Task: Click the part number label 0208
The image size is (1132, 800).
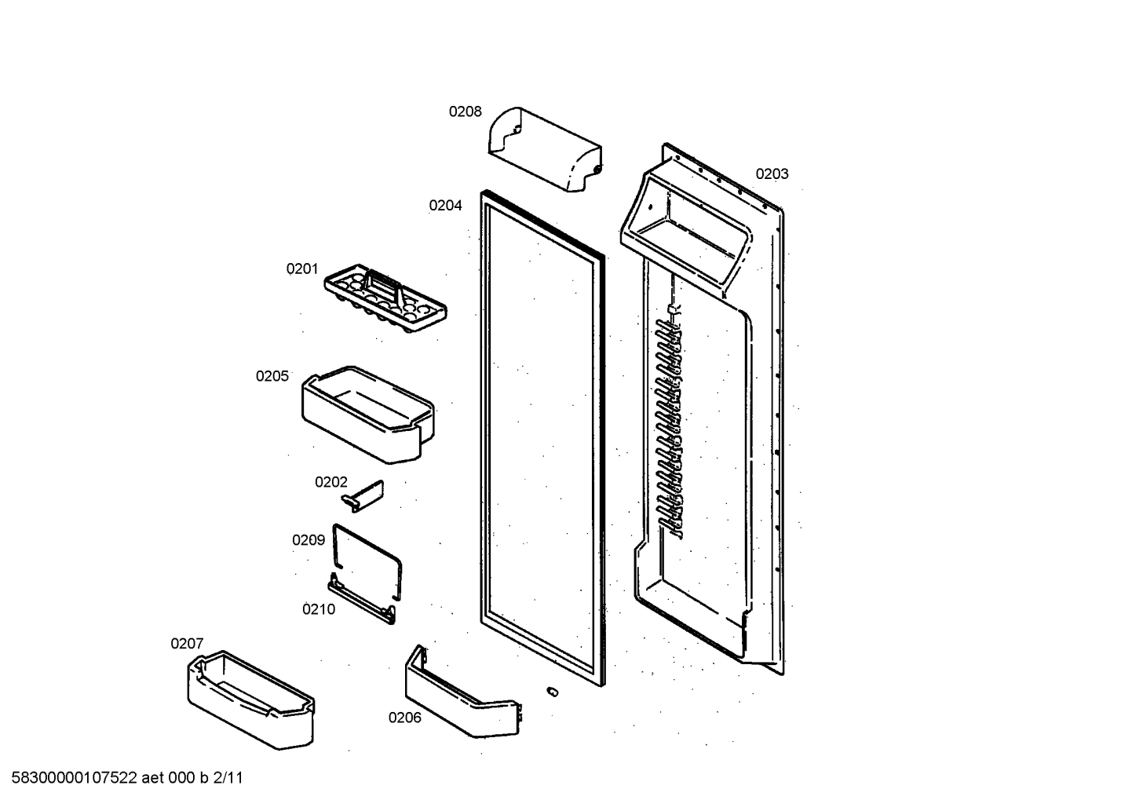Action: (465, 111)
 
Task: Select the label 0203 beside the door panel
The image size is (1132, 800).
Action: (772, 174)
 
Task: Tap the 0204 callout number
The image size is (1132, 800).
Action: (445, 206)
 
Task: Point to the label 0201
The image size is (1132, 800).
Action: (301, 268)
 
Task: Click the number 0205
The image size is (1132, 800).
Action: (272, 376)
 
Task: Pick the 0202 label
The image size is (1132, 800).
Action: (331, 482)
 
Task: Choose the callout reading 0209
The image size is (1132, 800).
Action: (309, 540)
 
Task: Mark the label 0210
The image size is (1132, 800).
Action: (319, 609)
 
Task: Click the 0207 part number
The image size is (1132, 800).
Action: (187, 644)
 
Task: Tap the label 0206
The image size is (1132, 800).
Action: (404, 718)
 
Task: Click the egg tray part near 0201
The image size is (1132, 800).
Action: (385, 298)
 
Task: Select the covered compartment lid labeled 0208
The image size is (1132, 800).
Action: (545, 149)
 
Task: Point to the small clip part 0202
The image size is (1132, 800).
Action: (363, 495)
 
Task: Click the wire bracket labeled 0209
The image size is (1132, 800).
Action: (367, 561)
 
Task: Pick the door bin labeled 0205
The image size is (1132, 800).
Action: (368, 415)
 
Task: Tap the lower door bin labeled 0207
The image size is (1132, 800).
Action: (250, 700)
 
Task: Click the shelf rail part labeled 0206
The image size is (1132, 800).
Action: (463, 691)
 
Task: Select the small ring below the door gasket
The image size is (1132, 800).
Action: (553, 692)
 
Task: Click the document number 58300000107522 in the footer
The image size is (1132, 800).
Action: (75, 778)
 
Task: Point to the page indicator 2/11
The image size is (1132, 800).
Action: (228, 778)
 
